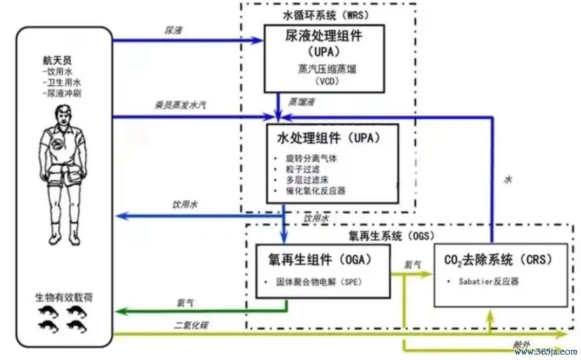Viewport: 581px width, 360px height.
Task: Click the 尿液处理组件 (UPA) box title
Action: coord(323,43)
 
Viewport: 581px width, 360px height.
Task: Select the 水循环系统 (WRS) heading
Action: coord(326,15)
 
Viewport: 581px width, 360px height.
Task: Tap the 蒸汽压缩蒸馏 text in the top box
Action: coord(327,69)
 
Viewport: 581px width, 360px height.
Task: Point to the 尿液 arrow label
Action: coord(173,30)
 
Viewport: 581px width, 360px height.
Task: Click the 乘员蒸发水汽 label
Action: coord(180,105)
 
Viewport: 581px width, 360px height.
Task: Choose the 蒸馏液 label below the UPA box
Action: coord(302,102)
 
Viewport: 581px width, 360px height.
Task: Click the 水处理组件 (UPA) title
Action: coord(329,138)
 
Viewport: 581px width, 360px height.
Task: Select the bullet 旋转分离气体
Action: coord(311,159)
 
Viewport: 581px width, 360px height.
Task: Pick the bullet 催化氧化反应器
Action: coord(315,191)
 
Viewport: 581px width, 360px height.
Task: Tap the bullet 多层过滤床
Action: coord(307,180)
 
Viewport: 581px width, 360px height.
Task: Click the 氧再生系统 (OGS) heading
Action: coord(391,236)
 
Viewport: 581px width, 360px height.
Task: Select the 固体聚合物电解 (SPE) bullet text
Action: coord(319,282)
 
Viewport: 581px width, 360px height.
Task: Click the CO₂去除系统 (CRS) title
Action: coord(498,260)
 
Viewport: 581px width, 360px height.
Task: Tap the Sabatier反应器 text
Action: coord(488,281)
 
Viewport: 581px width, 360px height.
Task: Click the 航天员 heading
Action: coord(57,60)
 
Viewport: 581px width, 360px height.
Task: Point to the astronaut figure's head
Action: coord(63,115)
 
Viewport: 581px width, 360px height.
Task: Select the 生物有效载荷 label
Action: coord(64,297)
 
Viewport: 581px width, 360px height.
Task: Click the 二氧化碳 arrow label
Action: coord(191,325)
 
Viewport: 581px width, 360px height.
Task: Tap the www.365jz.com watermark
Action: coord(546,351)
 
